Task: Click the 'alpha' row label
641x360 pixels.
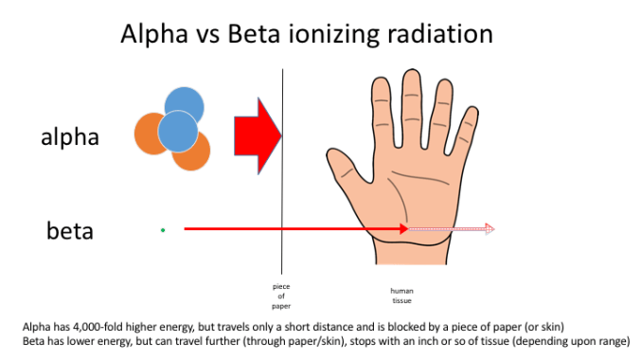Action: point(70,136)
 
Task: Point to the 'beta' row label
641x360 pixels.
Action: point(70,229)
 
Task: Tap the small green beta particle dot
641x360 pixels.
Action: point(163,229)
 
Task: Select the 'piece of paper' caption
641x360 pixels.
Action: point(281,295)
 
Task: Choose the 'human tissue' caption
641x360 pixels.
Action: point(402,295)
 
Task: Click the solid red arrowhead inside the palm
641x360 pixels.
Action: point(402,228)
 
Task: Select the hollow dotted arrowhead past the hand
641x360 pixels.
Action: point(489,228)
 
